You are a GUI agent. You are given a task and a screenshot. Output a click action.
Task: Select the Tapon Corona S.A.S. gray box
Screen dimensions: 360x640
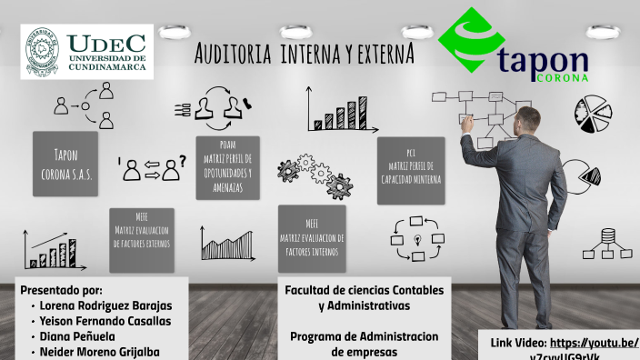point(65,164)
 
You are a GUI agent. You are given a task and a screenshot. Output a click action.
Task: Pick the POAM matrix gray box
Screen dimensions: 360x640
point(227,167)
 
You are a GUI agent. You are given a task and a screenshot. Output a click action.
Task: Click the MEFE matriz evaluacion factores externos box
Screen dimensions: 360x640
point(142,238)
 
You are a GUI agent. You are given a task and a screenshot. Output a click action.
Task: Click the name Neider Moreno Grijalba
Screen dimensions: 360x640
point(100,351)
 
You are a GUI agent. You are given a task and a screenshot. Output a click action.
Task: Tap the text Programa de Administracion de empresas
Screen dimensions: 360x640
point(364,343)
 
